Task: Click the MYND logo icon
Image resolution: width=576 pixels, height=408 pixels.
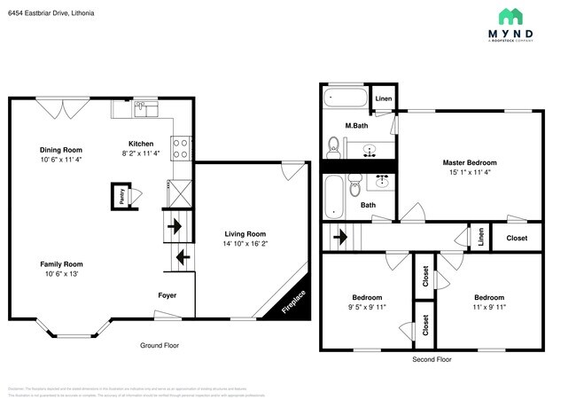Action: (510, 16)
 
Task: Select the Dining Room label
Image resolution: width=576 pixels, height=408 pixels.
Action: (61, 150)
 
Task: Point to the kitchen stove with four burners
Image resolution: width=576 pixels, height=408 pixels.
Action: (181, 148)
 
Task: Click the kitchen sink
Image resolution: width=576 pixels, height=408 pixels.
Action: (146, 108)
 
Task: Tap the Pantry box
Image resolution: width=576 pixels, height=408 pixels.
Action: (117, 194)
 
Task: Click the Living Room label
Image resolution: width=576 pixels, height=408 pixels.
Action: (244, 234)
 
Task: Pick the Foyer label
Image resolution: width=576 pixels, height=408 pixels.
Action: (167, 295)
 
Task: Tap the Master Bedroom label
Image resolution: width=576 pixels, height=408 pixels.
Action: (470, 163)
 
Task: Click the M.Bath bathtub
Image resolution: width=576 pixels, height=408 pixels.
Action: (343, 98)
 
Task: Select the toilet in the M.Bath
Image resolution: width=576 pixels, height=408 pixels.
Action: (334, 145)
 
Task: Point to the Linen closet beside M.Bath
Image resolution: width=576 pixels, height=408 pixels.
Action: (384, 98)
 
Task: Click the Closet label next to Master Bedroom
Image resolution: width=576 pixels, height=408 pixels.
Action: (517, 238)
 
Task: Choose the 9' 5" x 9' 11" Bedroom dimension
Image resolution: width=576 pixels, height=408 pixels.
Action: (367, 308)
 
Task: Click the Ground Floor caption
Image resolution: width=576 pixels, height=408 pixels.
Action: (160, 345)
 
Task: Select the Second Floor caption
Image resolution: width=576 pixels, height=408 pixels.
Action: (432, 359)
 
